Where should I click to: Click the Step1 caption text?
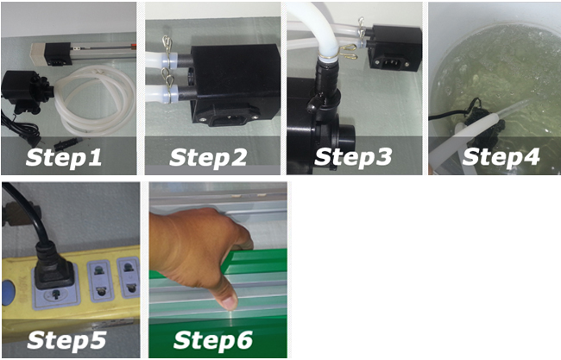pyautogui.click(x=64, y=158)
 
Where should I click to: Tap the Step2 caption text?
pyautogui.click(x=208, y=158)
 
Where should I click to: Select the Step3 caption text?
pyautogui.click(x=353, y=157)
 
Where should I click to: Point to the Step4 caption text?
pyautogui.click(x=501, y=157)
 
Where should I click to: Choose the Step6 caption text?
pyautogui.click(x=213, y=340)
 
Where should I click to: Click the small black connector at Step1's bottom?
pyautogui.click(x=67, y=144)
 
